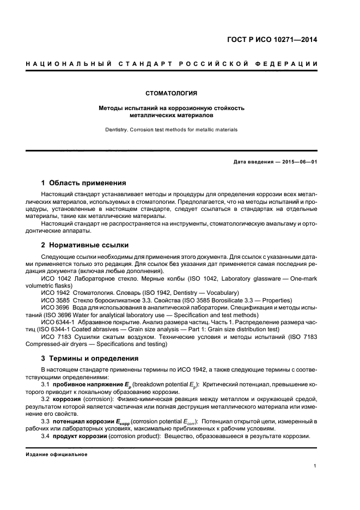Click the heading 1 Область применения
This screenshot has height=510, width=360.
click(84, 183)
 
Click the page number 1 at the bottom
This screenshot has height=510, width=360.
click(315, 466)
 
